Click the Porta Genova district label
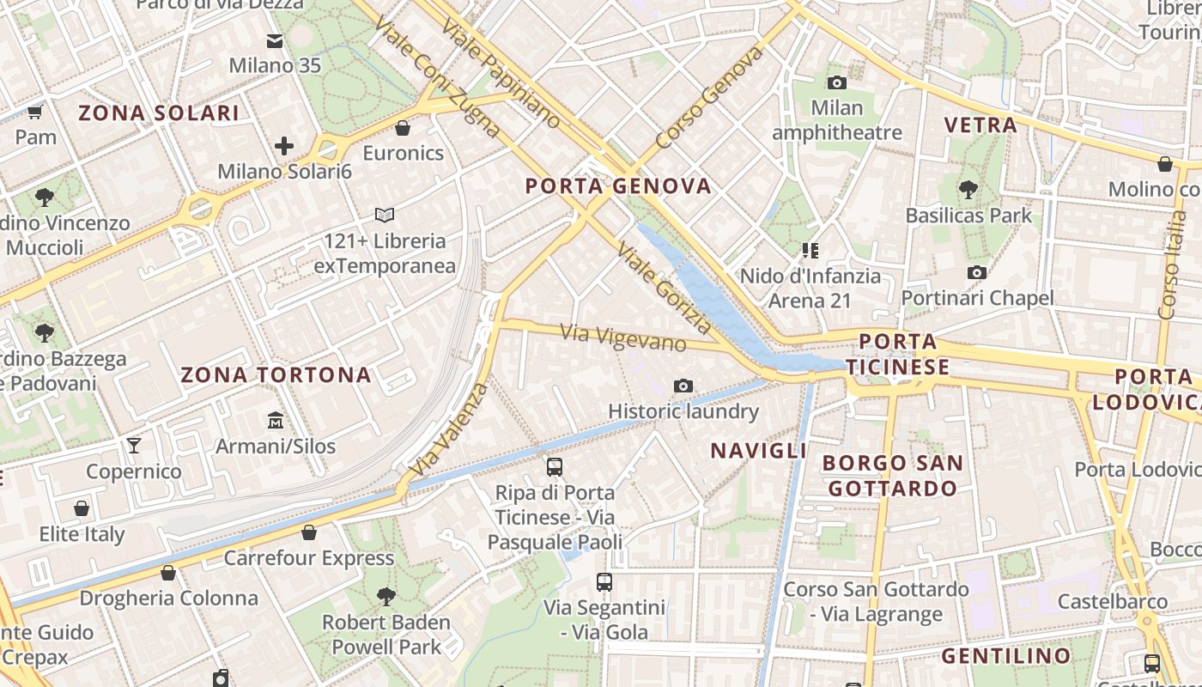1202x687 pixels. pyautogui.click(x=618, y=185)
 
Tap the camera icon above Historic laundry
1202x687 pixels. pyautogui.click(x=683, y=386)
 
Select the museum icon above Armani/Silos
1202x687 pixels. pyautogui.click(x=276, y=421)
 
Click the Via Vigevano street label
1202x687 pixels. pyautogui.click(x=624, y=337)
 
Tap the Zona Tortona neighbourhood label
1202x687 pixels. pyautogui.click(x=276, y=374)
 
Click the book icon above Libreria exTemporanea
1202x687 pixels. pyautogui.click(x=385, y=215)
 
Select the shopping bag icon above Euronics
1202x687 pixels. pyautogui.click(x=402, y=128)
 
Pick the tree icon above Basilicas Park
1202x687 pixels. pyautogui.click(x=968, y=189)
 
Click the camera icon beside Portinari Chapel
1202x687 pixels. pyautogui.click(x=976, y=272)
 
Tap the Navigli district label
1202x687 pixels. pyautogui.click(x=758, y=450)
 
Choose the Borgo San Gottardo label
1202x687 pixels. pyautogui.click(x=892, y=475)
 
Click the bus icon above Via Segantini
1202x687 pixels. pyautogui.click(x=604, y=581)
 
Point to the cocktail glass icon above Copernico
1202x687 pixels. pyautogui.click(x=133, y=445)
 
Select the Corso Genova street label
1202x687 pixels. pyautogui.click(x=709, y=97)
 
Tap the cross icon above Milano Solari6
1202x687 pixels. pyautogui.click(x=284, y=146)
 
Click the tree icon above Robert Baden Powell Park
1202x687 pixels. pyautogui.click(x=386, y=595)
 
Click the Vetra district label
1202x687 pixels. pyautogui.click(x=980, y=125)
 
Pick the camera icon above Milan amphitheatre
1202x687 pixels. pyautogui.click(x=836, y=82)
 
